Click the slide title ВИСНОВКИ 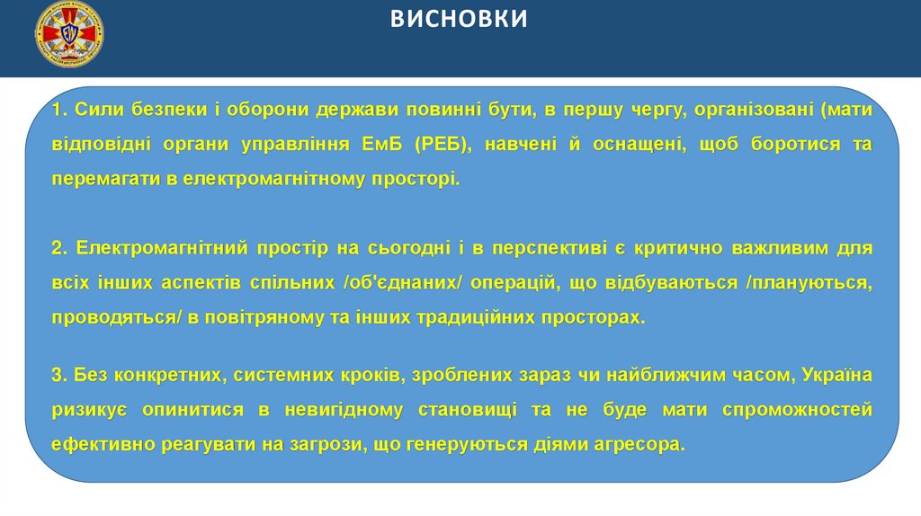[x=460, y=20]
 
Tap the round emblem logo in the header [x=69, y=37]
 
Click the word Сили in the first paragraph [x=94, y=110]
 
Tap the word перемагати [x=102, y=178]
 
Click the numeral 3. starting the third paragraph [x=59, y=375]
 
